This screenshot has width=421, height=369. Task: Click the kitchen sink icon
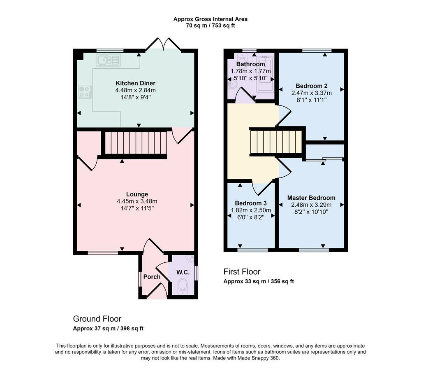109,60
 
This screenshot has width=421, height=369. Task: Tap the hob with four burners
85,92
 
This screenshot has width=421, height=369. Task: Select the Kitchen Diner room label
136,83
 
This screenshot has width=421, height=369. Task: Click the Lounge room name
137,194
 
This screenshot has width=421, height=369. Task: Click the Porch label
152,277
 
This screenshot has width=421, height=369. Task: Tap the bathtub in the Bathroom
265,74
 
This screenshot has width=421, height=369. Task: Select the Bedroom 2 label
312,86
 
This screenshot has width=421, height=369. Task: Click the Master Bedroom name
311,198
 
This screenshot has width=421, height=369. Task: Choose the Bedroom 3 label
251,203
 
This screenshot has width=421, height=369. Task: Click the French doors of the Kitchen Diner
163,44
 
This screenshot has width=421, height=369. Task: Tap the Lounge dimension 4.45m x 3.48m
137,201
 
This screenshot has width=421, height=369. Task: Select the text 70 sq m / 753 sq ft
210,26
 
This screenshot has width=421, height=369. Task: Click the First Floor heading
242,272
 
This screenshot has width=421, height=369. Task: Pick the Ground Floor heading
97,319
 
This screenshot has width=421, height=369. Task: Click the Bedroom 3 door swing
262,187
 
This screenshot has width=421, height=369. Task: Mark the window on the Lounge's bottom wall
103,252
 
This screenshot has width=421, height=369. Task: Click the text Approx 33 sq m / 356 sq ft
259,281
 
